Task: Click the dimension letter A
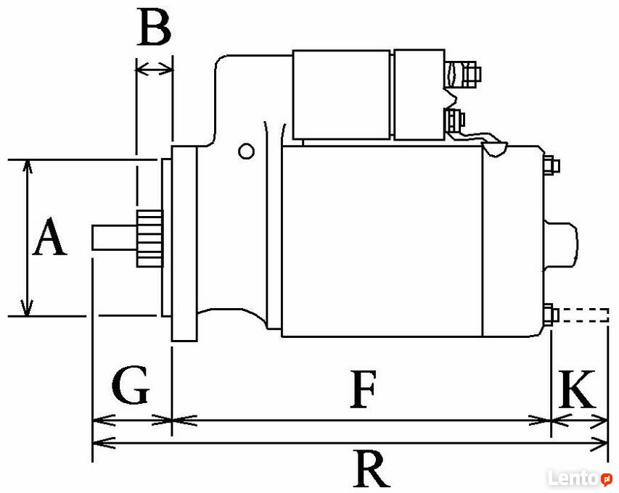(x=49, y=236)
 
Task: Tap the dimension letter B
(x=155, y=26)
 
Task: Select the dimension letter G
(x=131, y=385)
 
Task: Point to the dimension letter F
(x=363, y=389)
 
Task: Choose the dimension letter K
(x=577, y=389)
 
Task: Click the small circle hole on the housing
(x=246, y=151)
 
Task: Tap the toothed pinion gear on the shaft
(x=149, y=239)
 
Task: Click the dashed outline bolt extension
(x=584, y=315)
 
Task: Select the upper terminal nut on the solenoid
(x=472, y=74)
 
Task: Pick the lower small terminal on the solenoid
(x=455, y=120)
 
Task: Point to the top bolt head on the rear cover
(x=552, y=165)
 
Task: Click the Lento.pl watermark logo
(x=580, y=478)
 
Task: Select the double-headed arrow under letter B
(x=155, y=70)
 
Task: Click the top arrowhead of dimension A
(x=27, y=167)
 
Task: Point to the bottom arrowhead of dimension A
(x=27, y=308)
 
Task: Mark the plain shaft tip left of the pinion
(x=114, y=238)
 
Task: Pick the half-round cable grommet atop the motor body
(x=495, y=150)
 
